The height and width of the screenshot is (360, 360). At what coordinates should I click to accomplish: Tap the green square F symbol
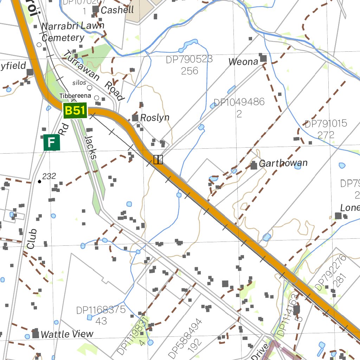[52, 142]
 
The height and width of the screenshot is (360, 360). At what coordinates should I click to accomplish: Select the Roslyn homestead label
[155, 118]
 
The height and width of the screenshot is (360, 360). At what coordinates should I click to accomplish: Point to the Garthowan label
[283, 163]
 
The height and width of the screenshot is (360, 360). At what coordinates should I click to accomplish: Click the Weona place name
[243, 62]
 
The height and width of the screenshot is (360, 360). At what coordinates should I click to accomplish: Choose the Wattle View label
[67, 334]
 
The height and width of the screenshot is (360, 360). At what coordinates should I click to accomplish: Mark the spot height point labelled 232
[39, 181]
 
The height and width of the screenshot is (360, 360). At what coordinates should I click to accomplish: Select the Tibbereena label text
[75, 96]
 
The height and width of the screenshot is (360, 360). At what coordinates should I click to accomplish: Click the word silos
[79, 83]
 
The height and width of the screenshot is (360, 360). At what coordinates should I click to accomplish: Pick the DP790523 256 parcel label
[189, 65]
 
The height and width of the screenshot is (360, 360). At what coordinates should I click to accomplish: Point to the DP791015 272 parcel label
[326, 129]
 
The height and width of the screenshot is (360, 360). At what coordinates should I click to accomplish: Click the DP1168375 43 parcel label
[101, 315]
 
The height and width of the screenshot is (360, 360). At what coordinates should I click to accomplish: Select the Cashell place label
[117, 10]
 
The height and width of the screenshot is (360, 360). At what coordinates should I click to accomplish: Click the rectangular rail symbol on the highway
[158, 160]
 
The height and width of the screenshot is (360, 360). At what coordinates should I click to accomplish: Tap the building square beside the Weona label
[263, 58]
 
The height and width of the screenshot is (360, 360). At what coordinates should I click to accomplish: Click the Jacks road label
[90, 148]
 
